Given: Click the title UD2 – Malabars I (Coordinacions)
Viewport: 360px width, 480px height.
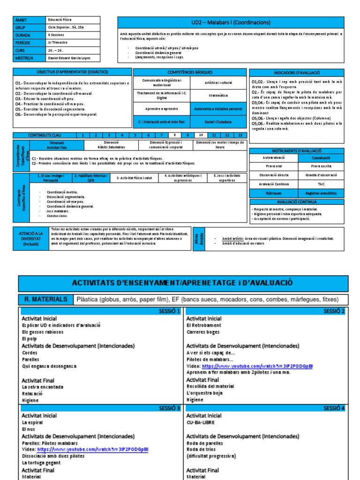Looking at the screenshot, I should [x=231, y=22].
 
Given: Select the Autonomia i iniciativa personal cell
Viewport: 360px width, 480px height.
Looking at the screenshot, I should [x=218, y=109].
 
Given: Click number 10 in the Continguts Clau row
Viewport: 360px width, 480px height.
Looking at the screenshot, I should [x=201, y=135].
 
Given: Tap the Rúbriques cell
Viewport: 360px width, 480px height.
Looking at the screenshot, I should [x=274, y=193].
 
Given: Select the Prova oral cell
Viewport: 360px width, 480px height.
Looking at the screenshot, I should [x=274, y=167].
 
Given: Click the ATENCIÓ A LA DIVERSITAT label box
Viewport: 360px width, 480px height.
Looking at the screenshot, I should [x=34, y=239].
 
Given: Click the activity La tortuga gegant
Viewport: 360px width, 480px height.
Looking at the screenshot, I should [x=42, y=463].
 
